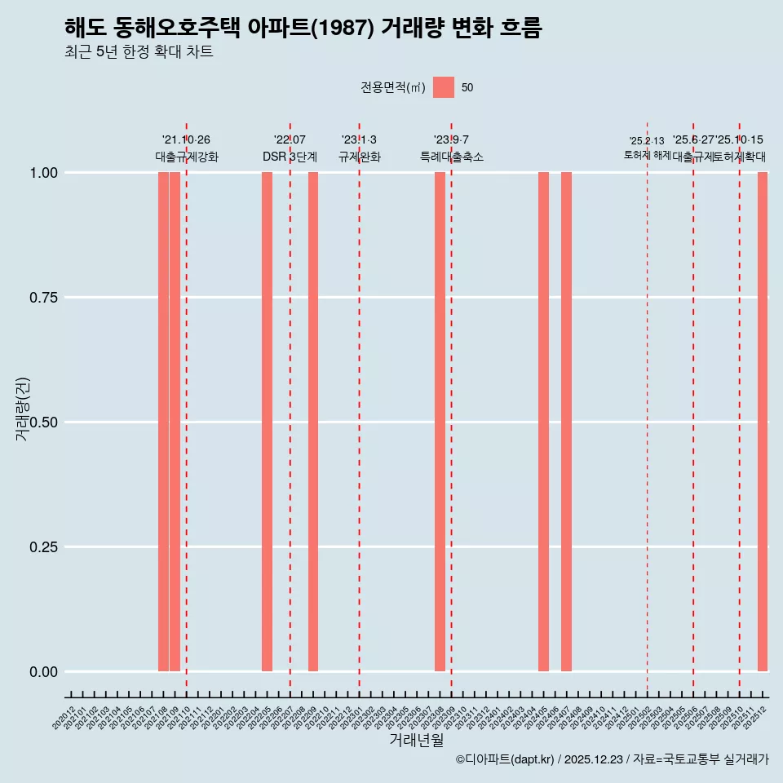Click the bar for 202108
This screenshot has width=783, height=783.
pos(163,422)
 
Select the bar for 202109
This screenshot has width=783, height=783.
pos(175,422)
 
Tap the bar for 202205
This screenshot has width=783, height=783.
pos(267,422)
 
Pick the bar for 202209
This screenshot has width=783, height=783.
pos(313,422)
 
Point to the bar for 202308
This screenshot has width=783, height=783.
pos(440,422)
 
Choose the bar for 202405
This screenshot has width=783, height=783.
pos(543,422)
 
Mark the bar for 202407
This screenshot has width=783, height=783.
pos(566,422)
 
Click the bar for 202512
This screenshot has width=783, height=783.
pos(763,422)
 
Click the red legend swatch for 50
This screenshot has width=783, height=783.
pos(444,87)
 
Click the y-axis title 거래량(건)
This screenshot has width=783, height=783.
pos(22,409)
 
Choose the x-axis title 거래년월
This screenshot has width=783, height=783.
pos(416,741)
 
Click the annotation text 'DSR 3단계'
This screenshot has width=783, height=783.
pos(290,157)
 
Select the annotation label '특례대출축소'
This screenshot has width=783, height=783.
pos(452,157)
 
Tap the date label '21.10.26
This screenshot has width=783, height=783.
pos(186,140)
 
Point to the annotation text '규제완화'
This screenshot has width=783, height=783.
pos(359,157)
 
